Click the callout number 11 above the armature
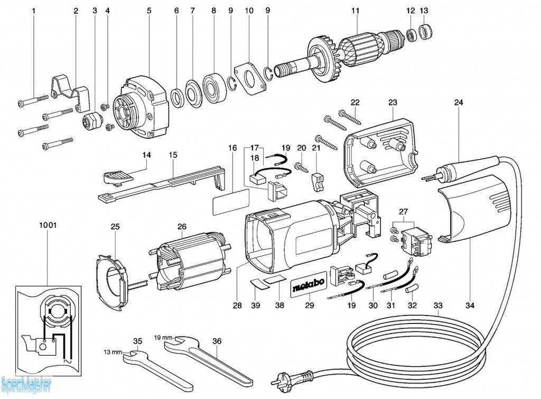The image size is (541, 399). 355,11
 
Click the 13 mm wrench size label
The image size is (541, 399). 113,352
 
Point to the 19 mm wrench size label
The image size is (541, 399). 163,337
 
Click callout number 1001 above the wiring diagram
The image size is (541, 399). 48,225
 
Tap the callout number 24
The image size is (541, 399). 458,103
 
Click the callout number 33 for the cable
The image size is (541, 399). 438,305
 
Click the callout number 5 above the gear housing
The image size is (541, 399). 149,11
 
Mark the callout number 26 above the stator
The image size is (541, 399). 182,227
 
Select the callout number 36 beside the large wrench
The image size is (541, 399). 217,341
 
